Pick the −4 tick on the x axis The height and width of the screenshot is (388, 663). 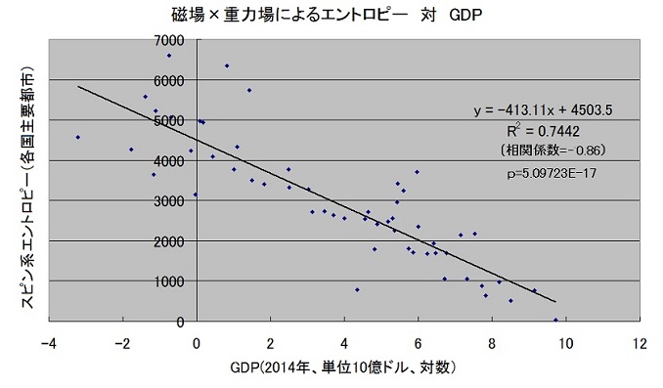coord(47,343)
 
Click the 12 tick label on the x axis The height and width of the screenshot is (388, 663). coord(640,343)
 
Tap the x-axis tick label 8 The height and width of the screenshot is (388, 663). coord(492,343)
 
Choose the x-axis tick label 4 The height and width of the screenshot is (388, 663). coord(344,343)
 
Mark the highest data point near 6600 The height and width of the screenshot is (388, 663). coord(169,56)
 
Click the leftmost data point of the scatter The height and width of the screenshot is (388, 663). coord(77,137)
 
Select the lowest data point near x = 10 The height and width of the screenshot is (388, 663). coord(555,320)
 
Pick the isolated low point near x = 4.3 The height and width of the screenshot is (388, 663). coord(357,289)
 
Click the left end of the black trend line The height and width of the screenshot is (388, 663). coord(77,86)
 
